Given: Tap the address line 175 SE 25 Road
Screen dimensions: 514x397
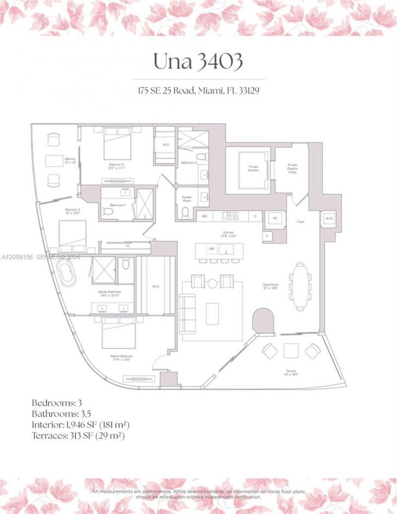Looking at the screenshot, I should [x=198, y=91].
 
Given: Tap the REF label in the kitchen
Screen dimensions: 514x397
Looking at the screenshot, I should [x=203, y=216].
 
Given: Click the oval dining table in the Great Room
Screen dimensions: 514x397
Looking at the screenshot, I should [x=300, y=281].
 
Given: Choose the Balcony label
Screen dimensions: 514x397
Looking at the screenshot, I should [x=69, y=160].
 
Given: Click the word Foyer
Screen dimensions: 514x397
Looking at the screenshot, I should [x=301, y=222].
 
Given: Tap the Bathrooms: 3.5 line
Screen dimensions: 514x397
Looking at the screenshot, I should [x=62, y=413].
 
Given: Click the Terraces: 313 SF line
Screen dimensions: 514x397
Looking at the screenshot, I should [x=78, y=436].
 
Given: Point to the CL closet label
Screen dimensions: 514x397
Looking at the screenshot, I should [x=128, y=246].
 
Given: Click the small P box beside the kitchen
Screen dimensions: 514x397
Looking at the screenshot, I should [x=267, y=237].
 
